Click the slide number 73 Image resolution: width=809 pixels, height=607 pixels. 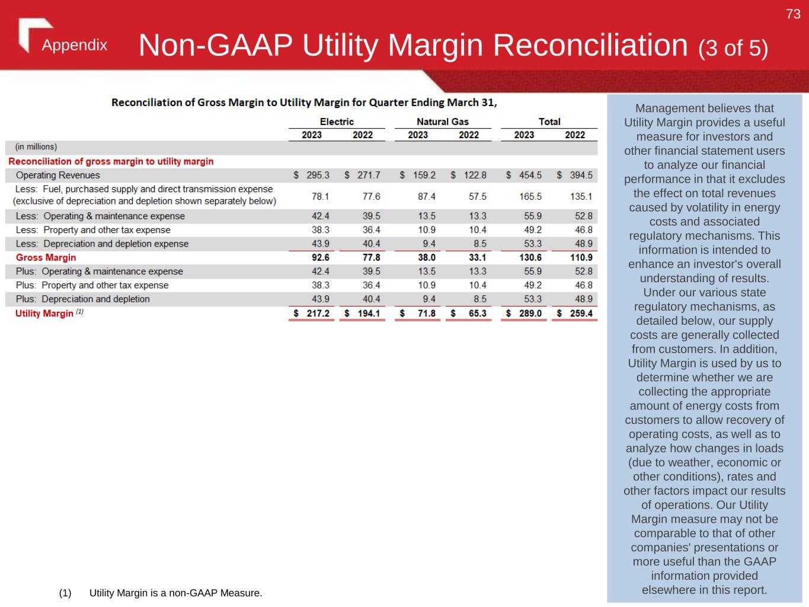tap(793, 14)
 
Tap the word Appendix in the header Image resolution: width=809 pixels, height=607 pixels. tap(75, 46)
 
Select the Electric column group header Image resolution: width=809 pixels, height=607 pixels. tap(337, 122)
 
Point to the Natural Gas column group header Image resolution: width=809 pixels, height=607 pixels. tap(442, 122)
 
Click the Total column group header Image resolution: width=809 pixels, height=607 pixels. tap(549, 122)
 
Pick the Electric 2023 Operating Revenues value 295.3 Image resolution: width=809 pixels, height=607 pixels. tap(318, 175)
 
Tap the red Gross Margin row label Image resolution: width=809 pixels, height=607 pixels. tap(46, 258)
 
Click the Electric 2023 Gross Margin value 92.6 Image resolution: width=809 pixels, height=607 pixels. tap(320, 258)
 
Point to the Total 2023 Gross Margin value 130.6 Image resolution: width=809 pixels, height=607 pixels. tap(530, 258)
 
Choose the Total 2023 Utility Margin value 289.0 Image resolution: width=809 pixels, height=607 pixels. tap(530, 313)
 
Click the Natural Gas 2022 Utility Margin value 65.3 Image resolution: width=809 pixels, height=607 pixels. tap(477, 313)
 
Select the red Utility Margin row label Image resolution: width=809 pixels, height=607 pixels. tap(44, 314)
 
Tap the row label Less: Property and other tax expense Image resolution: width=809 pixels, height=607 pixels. tap(93, 230)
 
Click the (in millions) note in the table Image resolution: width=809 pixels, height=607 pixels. tap(36, 147)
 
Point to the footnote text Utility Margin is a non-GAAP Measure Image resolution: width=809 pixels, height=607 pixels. tap(175, 593)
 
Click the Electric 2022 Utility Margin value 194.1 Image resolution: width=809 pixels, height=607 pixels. tap(368, 313)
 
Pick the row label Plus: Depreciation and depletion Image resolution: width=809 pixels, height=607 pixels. tap(83, 299)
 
